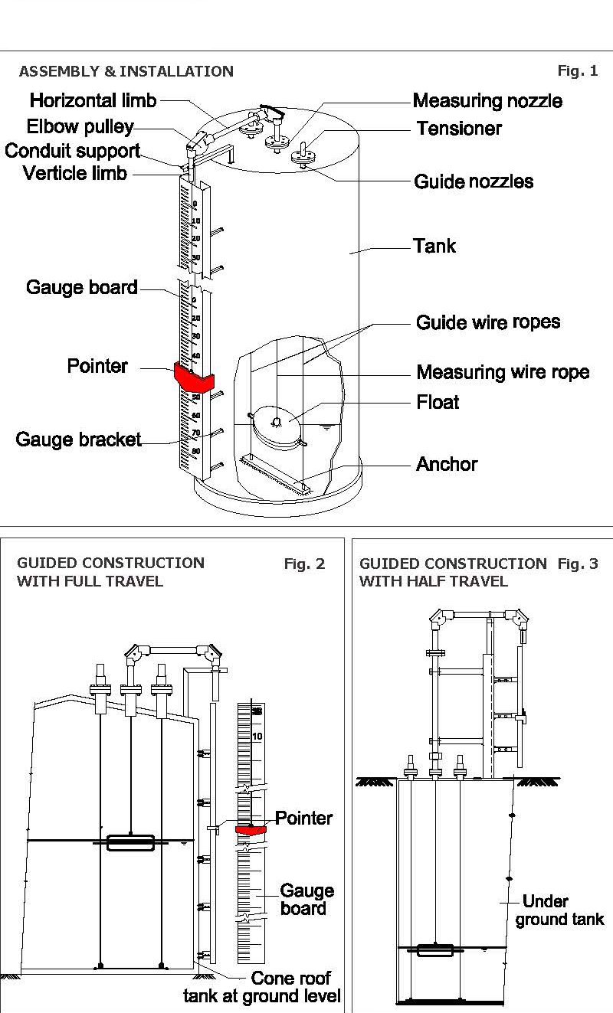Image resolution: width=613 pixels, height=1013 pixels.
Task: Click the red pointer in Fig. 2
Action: (251, 829)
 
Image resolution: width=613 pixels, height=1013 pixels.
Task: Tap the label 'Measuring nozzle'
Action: (487, 101)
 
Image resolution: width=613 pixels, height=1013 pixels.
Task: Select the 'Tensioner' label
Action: (459, 128)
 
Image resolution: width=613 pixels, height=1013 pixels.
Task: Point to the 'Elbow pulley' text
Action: (80, 126)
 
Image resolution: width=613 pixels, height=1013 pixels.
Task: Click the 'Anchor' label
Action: (447, 464)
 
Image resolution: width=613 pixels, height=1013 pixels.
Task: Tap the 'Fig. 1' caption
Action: (577, 71)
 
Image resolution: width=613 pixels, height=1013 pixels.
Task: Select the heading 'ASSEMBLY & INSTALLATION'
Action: (126, 72)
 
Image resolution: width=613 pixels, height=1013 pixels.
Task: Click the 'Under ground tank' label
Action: (559, 910)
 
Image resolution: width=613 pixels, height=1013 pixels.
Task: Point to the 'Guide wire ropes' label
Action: (487, 322)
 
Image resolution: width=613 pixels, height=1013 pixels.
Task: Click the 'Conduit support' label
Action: (72, 151)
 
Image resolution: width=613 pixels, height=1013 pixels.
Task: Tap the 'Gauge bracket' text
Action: (79, 440)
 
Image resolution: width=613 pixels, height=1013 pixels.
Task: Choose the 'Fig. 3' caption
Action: (577, 564)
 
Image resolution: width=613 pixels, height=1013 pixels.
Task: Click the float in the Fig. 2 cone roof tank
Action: (130, 843)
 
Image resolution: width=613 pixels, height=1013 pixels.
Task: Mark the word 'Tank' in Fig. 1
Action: (434, 247)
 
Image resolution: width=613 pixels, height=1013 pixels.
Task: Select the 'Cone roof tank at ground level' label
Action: (262, 988)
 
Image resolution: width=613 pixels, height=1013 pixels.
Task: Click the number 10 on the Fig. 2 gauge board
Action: (257, 737)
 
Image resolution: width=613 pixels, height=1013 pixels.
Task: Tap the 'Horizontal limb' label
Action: (93, 100)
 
